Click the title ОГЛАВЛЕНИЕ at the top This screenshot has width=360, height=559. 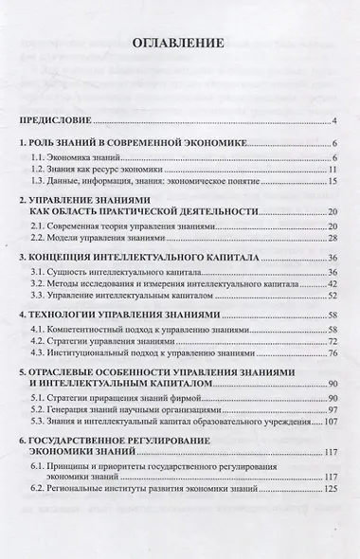click(x=180, y=44)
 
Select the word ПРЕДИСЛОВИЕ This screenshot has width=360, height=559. click(x=57, y=122)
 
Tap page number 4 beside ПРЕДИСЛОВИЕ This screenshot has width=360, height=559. click(x=336, y=122)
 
